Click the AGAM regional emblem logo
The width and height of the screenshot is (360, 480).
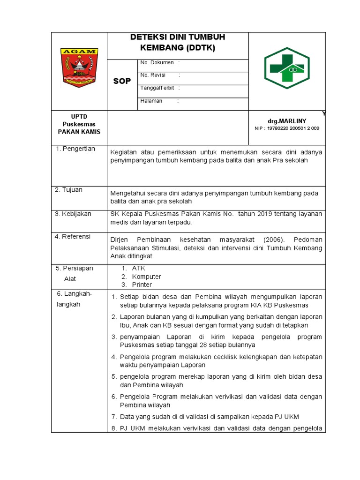pos(79,67)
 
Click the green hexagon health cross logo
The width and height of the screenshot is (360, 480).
pos(286,68)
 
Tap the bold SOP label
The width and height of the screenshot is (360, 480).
pos(122,81)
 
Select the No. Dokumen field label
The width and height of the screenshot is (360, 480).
pos(157,62)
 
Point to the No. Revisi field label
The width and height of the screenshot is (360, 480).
pos(154,75)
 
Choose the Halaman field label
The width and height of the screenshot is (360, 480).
pos(151,101)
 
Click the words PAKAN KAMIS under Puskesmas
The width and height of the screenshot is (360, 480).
pos(79,132)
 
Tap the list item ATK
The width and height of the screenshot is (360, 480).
pos(139,268)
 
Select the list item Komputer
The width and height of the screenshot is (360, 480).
pos(146,277)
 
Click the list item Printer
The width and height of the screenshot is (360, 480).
pos(142,285)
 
